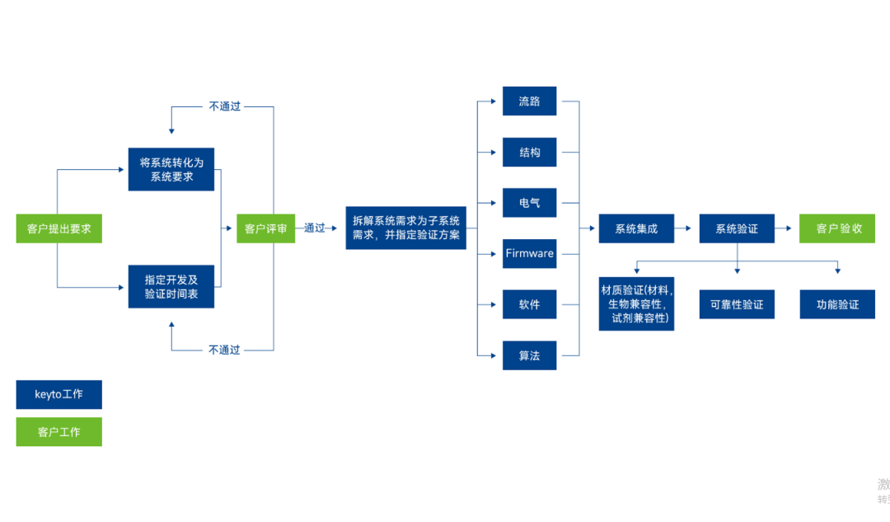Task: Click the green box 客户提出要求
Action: pyautogui.click(x=59, y=228)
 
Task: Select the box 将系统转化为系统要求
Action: pyautogui.click(x=171, y=169)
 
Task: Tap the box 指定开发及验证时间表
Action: pyautogui.click(x=171, y=286)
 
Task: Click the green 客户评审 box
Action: pyautogui.click(x=265, y=228)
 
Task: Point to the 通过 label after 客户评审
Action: pyautogui.click(x=315, y=228)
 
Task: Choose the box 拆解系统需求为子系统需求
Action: pyautogui.click(x=405, y=228)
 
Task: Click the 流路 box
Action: pyautogui.click(x=529, y=101)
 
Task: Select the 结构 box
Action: pyautogui.click(x=529, y=153)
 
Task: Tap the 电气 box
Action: pyautogui.click(x=529, y=203)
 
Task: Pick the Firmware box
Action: pyautogui.click(x=529, y=253)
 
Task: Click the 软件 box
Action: pyautogui.click(x=529, y=304)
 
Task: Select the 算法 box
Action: pyautogui.click(x=529, y=355)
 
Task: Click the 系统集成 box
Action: pyautogui.click(x=636, y=228)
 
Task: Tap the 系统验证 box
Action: pyautogui.click(x=737, y=228)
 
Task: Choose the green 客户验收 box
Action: pyautogui.click(x=837, y=228)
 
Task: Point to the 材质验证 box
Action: pyautogui.click(x=636, y=304)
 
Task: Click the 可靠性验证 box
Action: pyautogui.click(x=737, y=304)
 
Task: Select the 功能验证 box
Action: pyautogui.click(x=837, y=304)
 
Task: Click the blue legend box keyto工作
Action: pyautogui.click(x=59, y=394)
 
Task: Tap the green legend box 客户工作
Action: pyautogui.click(x=59, y=431)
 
